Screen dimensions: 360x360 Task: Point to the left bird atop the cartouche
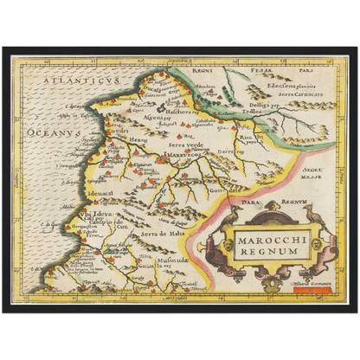[235, 215]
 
